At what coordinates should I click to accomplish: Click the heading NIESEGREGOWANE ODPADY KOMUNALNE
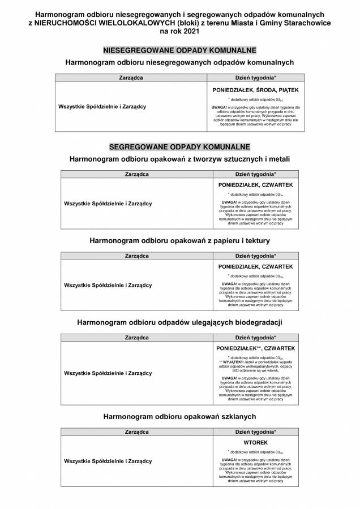(180, 50)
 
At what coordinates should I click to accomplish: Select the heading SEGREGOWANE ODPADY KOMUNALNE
(179, 146)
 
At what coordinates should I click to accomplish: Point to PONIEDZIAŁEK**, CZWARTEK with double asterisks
(255, 348)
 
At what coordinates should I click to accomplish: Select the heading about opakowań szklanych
(179, 416)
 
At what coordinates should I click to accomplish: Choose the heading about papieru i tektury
(179, 241)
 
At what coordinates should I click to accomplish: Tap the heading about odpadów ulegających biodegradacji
(179, 322)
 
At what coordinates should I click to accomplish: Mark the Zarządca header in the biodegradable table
(136, 338)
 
